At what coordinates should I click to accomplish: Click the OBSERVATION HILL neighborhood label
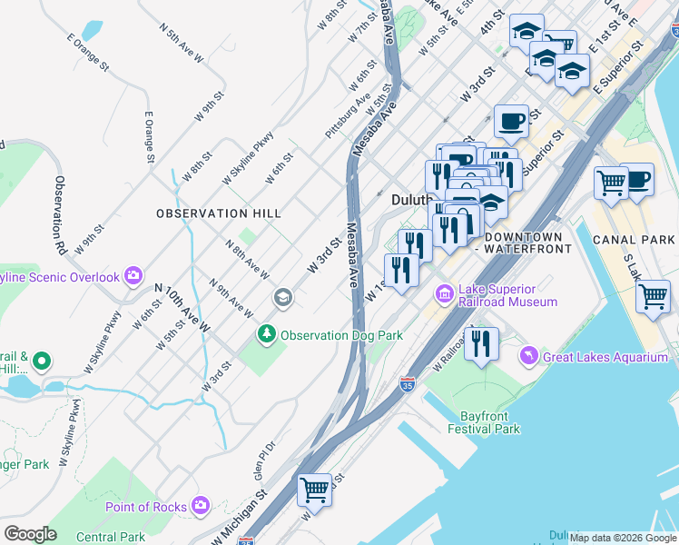pos(218,213)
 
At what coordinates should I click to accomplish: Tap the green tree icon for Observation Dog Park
pos(267,334)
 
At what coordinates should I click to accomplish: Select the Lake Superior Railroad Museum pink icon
pos(445,293)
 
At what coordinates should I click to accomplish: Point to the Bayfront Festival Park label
pos(484,421)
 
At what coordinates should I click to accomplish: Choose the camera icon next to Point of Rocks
pos(201,506)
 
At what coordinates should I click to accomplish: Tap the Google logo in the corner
pos(30,534)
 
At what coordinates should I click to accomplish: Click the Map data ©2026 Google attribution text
pos(623,538)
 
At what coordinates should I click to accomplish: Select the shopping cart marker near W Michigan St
pos(314,489)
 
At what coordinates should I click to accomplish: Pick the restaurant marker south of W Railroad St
pos(481,344)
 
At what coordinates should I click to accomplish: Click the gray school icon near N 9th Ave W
pos(283,298)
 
